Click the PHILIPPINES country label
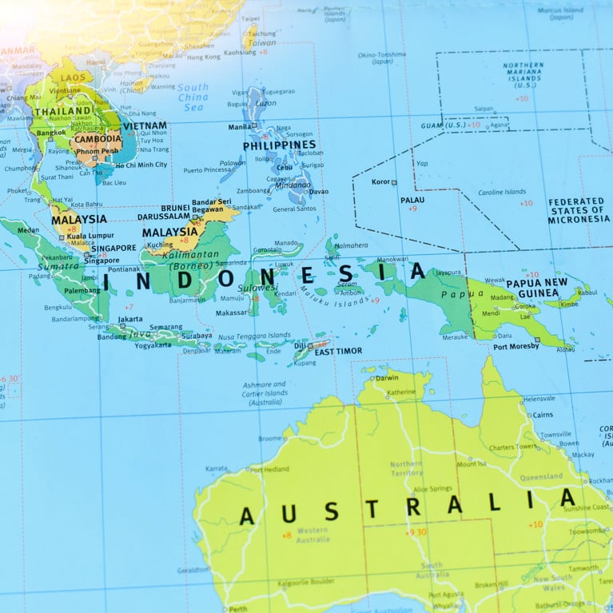[x=279, y=145]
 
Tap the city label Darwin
[x=386, y=377]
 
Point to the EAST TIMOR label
[x=338, y=351]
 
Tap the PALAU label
[x=412, y=200]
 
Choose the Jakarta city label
[x=130, y=319]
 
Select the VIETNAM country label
[x=145, y=125]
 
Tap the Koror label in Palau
[x=380, y=181]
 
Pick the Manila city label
[x=240, y=126]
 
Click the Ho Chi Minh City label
[x=141, y=165]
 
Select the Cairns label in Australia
[x=542, y=415]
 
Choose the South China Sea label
[x=193, y=97]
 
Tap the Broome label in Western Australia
[x=269, y=438]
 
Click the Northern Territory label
[x=406, y=468]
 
